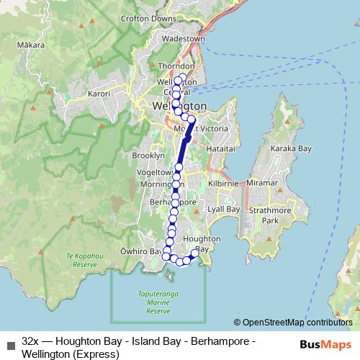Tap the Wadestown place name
[185, 38]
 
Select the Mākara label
[33, 45]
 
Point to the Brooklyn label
[148, 156]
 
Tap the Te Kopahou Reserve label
[81, 260]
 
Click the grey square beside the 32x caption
[10, 345]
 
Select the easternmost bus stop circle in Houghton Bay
[195, 253]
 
